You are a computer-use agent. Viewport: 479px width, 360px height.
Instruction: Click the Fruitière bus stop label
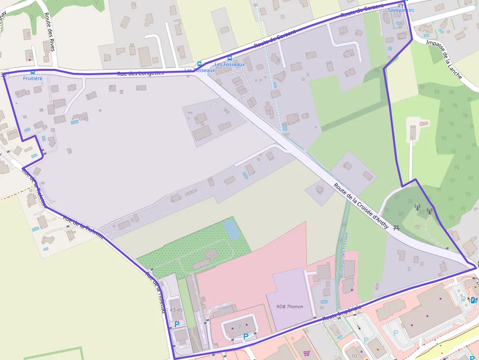[33, 78]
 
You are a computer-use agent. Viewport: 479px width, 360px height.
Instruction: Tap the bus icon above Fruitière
[33, 72]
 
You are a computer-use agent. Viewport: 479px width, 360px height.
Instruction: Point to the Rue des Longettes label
[140, 73]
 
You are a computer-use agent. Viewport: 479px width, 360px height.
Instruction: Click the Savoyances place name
[400, 10]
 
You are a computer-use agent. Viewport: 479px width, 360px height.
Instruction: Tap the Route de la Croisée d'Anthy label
[361, 206]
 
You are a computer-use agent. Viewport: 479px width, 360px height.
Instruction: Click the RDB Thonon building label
[290, 307]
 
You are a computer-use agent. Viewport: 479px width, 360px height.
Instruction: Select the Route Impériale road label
[342, 313]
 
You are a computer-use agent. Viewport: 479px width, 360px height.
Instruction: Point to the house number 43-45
[176, 310]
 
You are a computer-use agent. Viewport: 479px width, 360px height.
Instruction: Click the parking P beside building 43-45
[177, 324]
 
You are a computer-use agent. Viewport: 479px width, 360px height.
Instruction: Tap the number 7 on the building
[239, 326]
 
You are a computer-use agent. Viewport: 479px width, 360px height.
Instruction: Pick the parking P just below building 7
[245, 336]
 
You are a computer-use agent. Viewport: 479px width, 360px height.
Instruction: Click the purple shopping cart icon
[306, 353]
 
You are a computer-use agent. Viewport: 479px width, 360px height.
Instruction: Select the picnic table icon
[396, 227]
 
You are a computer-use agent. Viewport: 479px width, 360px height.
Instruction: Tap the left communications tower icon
[417, 207]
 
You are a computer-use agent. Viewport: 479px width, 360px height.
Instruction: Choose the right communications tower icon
[429, 211]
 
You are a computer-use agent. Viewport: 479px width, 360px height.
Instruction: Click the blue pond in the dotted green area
[232, 230]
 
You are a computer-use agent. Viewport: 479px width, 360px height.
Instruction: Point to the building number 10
[354, 356]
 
